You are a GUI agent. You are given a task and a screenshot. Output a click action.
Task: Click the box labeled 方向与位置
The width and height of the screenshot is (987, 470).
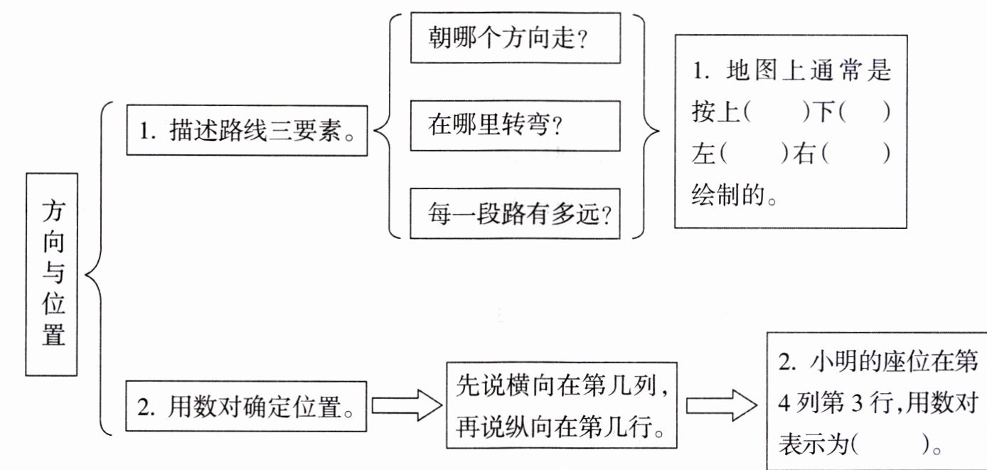[51, 274]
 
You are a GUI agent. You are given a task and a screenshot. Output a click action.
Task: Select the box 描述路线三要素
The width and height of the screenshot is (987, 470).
[247, 130]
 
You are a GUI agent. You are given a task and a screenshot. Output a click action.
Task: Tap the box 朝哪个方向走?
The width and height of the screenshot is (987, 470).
[516, 38]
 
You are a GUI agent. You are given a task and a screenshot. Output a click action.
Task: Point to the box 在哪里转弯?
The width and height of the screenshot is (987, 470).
[515, 126]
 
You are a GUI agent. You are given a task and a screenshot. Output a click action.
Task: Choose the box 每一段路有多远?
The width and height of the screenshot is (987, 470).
[515, 213]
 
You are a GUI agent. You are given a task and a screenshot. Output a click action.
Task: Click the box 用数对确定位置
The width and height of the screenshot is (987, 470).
[246, 406]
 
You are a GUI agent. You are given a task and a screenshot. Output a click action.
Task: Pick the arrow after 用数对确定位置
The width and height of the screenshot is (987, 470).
[407, 405]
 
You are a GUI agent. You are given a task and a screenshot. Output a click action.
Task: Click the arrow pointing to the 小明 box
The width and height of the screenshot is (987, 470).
[722, 405]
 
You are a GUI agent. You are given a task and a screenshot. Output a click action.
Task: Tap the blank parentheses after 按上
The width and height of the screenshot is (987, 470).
[777, 112]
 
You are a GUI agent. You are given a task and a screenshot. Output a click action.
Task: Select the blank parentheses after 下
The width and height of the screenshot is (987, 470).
[865, 112]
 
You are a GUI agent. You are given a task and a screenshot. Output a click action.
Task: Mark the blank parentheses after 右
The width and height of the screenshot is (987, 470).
[856, 154]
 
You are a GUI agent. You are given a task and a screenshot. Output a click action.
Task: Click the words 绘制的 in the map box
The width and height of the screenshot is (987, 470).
[727, 195]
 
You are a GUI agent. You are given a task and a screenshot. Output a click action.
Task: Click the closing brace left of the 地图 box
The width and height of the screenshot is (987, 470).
[646, 127]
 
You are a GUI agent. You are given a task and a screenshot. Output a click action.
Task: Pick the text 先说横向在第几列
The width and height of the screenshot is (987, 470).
[557, 386]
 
